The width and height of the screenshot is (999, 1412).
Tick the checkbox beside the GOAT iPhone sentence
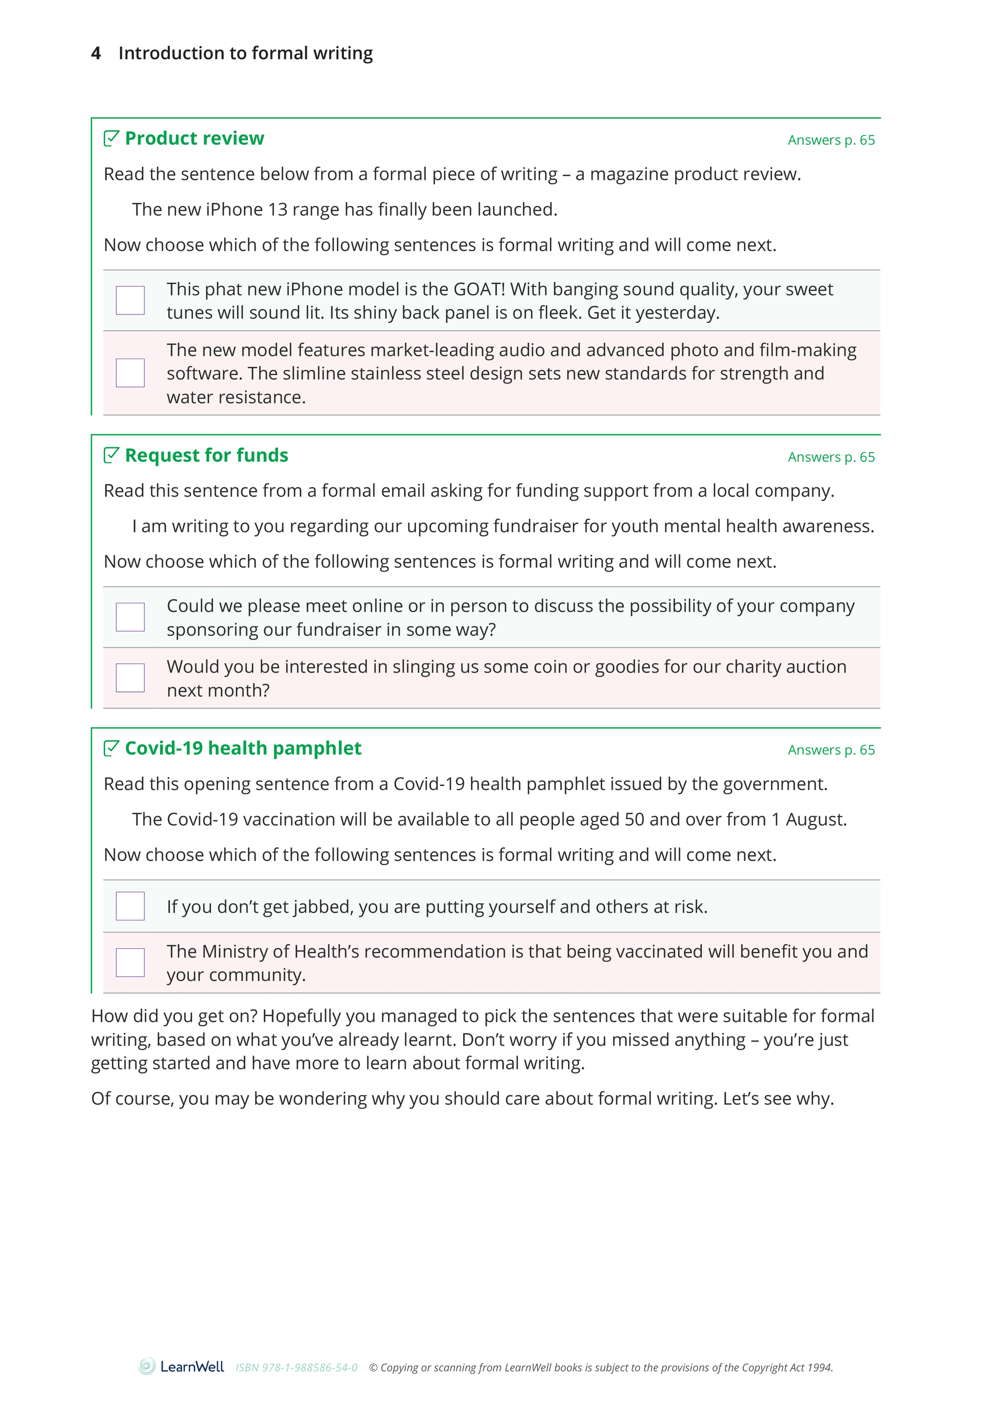[130, 300]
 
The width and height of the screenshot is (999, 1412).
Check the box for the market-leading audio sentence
[130, 373]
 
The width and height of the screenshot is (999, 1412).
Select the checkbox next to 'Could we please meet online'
[130, 617]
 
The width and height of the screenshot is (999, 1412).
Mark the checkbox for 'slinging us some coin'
[130, 677]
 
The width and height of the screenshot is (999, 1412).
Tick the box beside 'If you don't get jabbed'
[130, 906]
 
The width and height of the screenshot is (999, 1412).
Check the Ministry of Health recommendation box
[130, 962]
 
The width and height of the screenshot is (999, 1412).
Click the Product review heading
[195, 139]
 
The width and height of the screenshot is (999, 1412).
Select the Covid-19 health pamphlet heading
[243, 748]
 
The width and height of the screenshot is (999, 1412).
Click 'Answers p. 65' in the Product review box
[831, 140]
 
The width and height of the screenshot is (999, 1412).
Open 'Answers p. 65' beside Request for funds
[831, 457]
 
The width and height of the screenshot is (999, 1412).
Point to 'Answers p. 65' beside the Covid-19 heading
[831, 750]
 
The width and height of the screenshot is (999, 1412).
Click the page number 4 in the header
[96, 53]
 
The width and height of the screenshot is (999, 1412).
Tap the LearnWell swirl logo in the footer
[146, 1366]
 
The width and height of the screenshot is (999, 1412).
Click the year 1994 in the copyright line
[819, 1368]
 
